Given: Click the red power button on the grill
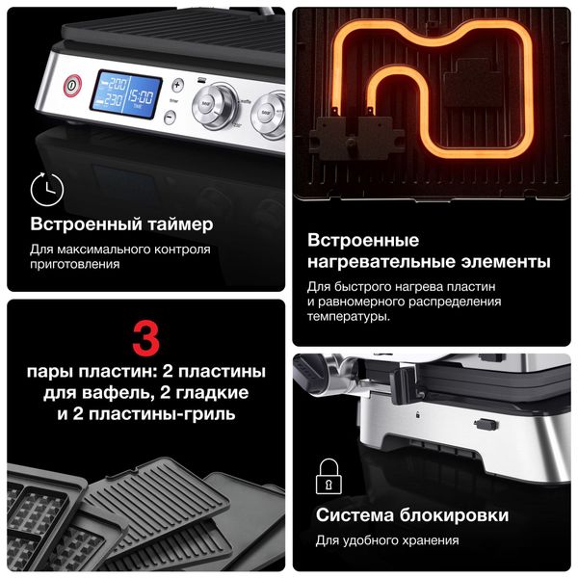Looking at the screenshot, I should (x=71, y=86).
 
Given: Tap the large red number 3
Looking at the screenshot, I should (x=144, y=339).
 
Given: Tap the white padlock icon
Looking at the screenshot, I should (x=328, y=477).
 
